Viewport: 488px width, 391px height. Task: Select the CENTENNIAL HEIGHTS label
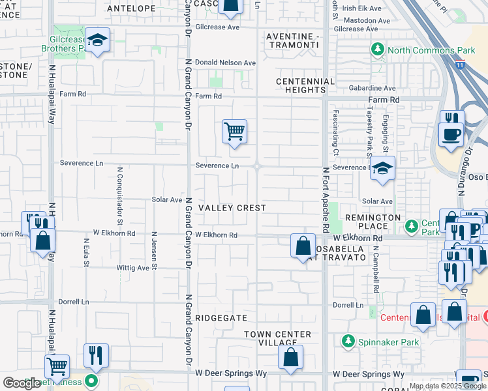305,86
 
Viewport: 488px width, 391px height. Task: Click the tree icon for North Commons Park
377,50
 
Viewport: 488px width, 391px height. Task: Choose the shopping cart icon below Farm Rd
234,132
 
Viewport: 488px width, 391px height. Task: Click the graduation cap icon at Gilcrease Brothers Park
97,40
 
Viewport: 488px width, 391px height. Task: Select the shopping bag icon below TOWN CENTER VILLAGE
290,357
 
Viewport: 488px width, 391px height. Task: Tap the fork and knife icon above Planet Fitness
96,355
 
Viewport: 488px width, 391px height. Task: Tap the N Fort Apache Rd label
326,200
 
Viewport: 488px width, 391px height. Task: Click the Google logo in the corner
22,383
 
